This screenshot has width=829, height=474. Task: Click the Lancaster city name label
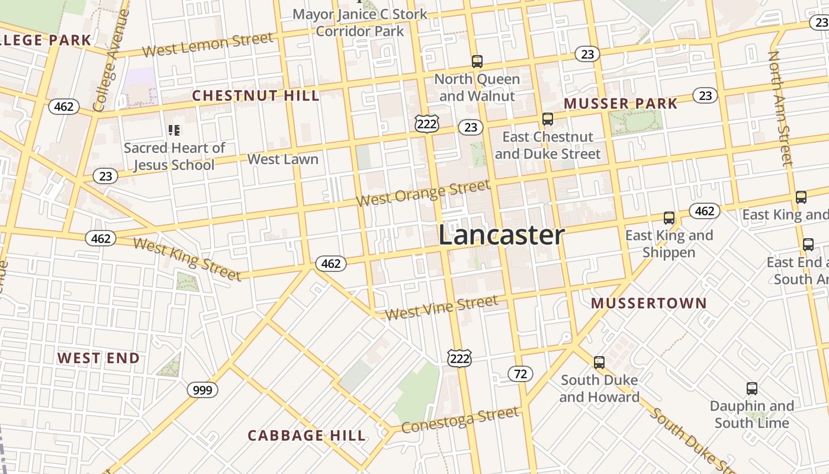coord(501,235)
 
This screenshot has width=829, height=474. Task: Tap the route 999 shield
coord(203,390)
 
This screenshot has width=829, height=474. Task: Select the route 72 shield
coord(520,374)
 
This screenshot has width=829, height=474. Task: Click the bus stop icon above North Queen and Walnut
coord(477,61)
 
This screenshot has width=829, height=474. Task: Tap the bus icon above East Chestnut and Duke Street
coord(548,119)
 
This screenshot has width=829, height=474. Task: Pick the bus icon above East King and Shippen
coord(669,217)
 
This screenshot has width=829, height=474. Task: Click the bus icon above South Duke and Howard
coord(599,362)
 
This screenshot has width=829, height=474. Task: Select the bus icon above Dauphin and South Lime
coord(752,389)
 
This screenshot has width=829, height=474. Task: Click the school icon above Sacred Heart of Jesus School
coord(173,130)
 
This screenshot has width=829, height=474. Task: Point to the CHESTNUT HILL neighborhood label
coord(256,95)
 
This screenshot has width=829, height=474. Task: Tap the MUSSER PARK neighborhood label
coord(621,104)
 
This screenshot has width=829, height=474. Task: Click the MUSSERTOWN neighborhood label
coord(649,303)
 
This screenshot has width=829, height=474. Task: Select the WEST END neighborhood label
coord(98,358)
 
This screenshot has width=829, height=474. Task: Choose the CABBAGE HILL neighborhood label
coord(307,435)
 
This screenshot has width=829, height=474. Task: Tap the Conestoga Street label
coord(460,419)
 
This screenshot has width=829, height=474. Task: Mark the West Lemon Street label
coord(208,45)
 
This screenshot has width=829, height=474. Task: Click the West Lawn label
coord(283,159)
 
